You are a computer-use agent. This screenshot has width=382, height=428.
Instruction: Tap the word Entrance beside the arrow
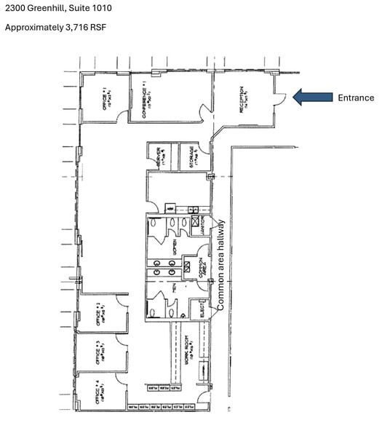[355, 98]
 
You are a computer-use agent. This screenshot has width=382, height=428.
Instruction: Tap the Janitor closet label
[205, 226]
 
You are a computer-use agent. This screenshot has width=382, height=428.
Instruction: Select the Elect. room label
[204, 311]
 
